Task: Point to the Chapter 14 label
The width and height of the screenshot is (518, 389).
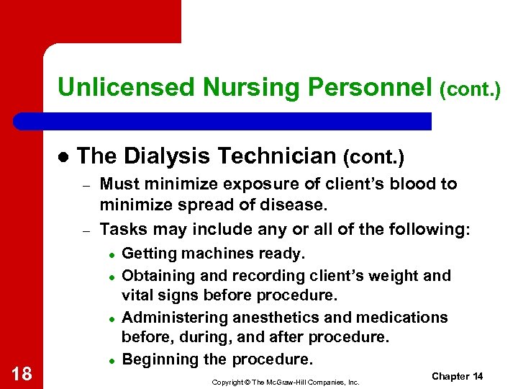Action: (457, 377)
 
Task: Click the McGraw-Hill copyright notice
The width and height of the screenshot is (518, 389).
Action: (286, 381)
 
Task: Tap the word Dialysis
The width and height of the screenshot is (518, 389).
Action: (166, 156)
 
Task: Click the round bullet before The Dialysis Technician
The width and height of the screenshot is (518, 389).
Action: (63, 157)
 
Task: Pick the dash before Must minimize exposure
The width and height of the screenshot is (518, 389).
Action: (85, 186)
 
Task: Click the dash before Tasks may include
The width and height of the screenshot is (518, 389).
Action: (85, 231)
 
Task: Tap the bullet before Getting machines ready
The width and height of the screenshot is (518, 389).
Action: (112, 254)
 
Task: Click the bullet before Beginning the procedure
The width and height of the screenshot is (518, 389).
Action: (112, 360)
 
